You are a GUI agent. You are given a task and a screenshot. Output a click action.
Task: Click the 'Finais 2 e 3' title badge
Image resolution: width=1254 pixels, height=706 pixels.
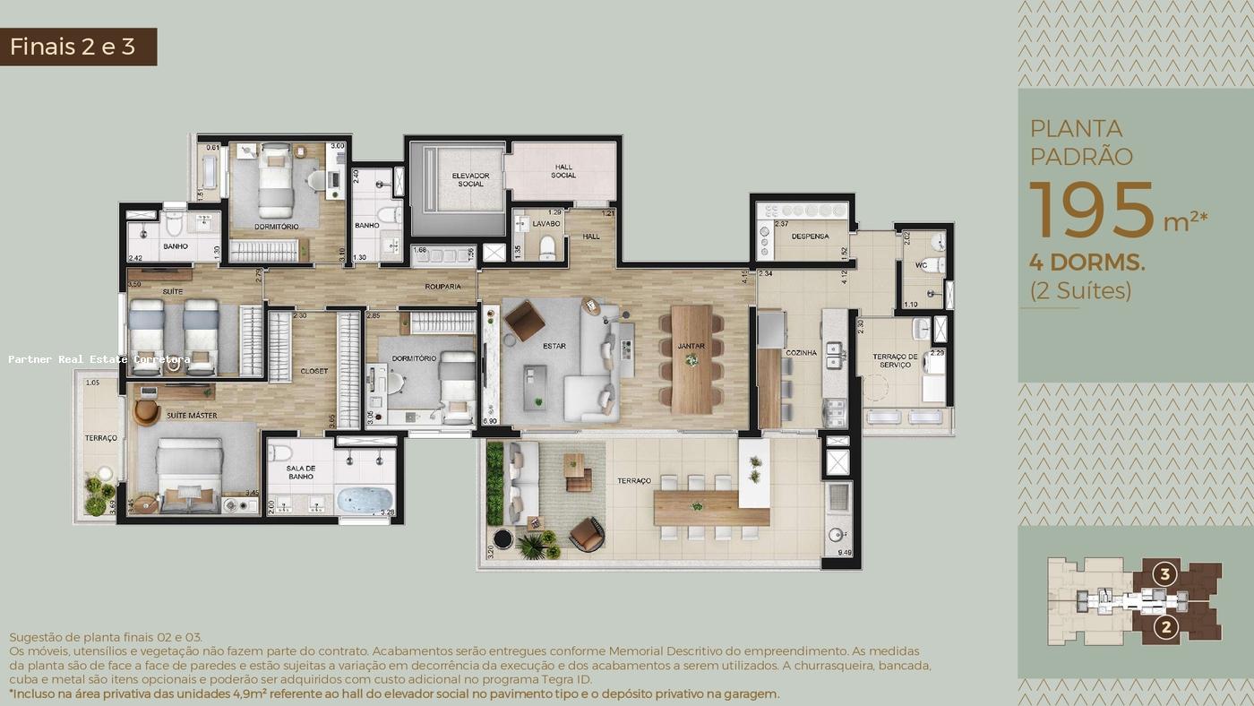[79, 47]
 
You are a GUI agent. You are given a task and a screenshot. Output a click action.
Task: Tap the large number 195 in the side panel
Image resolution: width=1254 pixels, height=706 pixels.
[1091, 211]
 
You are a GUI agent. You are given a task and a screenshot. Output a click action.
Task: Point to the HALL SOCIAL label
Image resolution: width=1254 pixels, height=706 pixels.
[563, 171]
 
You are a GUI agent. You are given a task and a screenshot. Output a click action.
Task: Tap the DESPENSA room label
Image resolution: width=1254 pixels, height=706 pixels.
[810, 237]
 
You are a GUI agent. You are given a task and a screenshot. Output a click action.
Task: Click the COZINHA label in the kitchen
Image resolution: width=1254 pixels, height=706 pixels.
[801, 353]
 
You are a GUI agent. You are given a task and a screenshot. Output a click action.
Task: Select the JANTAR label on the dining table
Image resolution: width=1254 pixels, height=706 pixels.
[691, 346]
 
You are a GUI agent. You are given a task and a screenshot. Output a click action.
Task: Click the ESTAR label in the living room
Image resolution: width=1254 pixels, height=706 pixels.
[554, 346]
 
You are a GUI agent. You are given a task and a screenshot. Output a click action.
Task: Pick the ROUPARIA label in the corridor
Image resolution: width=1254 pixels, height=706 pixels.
[443, 287]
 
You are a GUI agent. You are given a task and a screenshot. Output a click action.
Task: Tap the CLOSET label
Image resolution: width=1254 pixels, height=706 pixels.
[313, 371]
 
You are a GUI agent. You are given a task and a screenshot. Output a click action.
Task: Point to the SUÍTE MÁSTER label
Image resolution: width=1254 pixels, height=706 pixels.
[189, 416]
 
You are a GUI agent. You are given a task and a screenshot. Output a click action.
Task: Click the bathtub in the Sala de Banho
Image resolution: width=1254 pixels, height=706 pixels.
[365, 499]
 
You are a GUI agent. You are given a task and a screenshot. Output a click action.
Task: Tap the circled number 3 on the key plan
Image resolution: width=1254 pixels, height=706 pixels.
[1164, 573]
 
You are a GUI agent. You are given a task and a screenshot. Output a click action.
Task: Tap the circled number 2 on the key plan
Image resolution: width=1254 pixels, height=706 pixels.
[1164, 627]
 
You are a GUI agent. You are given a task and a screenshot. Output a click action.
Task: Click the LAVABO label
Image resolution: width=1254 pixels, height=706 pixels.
[545, 223]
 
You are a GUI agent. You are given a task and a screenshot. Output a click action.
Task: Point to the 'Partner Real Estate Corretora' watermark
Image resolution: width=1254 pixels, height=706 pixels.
[99, 359]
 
